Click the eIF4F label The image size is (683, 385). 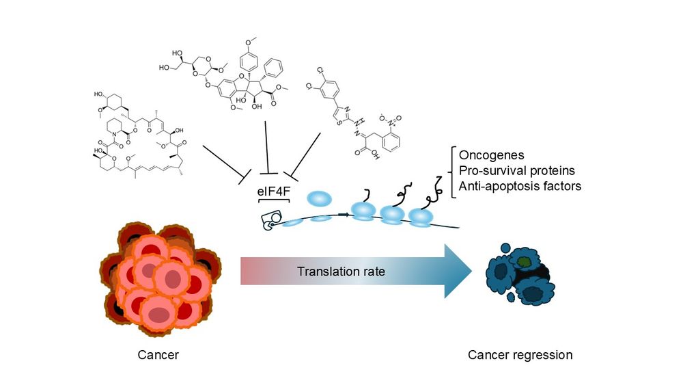(273, 194)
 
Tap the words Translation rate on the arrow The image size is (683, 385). (341, 271)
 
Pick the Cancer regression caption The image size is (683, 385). (520, 355)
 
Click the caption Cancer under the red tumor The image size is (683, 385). (158, 355)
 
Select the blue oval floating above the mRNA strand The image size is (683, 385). (320, 199)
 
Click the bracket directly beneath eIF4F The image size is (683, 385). (273, 203)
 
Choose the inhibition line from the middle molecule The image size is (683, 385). (267, 147)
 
